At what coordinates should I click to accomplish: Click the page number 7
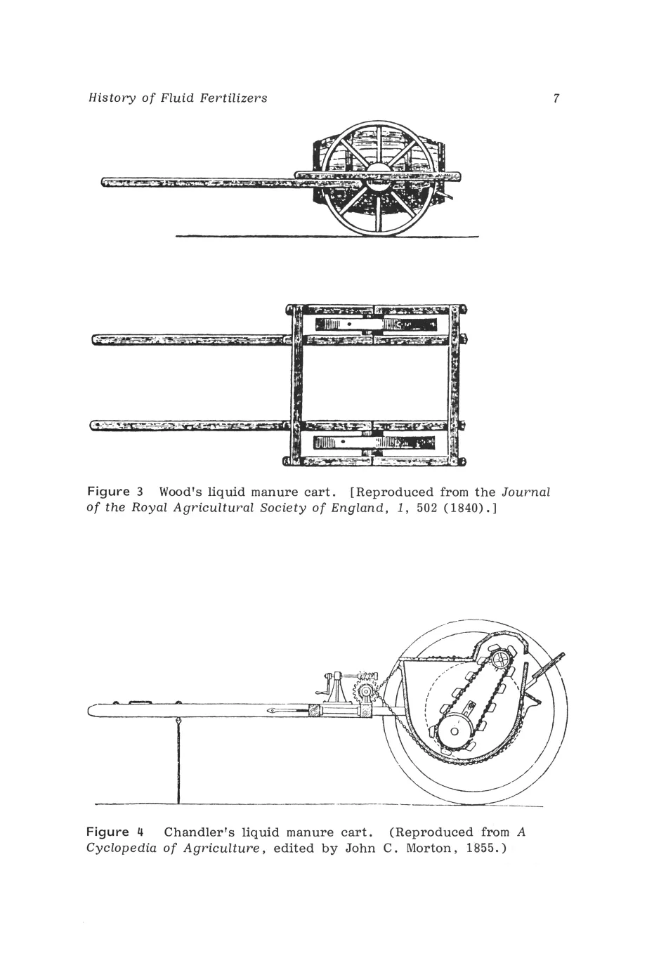pyautogui.click(x=556, y=98)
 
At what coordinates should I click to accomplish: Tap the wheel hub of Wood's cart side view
pyautogui.click(x=379, y=176)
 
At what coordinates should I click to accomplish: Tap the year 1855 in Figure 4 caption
pyautogui.click(x=483, y=848)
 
